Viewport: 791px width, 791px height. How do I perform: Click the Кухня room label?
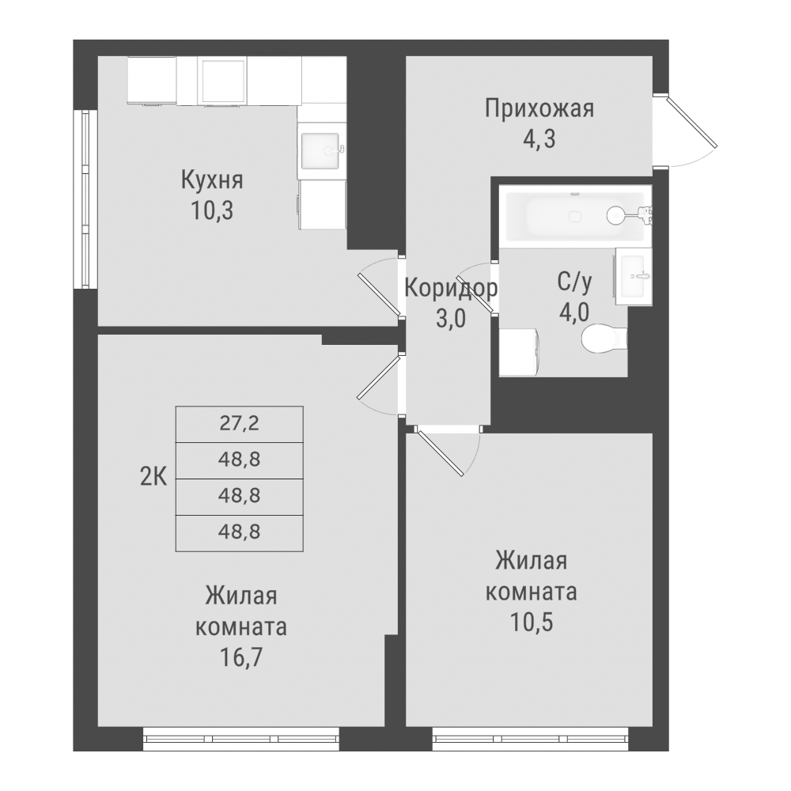(212, 180)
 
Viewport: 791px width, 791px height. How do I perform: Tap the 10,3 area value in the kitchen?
(212, 210)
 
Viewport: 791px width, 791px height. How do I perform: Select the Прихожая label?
(539, 109)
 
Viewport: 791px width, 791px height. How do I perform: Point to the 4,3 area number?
(539, 138)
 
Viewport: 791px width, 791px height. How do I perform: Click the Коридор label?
(451, 288)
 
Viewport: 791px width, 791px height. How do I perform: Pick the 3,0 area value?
(451, 318)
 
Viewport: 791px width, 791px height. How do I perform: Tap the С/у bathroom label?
(574, 282)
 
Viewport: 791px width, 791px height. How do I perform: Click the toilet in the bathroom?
(604, 338)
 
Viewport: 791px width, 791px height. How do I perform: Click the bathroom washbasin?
(633, 276)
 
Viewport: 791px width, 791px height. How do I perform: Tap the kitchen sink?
(320, 151)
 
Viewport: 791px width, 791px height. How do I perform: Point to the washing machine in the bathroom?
(519, 353)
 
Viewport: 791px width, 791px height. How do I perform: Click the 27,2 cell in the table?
(239, 424)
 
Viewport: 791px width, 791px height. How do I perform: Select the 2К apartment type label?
(153, 477)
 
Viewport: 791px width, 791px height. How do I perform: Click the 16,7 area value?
(241, 657)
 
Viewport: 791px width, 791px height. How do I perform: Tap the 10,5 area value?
(532, 622)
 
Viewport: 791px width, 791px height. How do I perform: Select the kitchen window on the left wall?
(85, 200)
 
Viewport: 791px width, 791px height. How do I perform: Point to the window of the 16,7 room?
(241, 739)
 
